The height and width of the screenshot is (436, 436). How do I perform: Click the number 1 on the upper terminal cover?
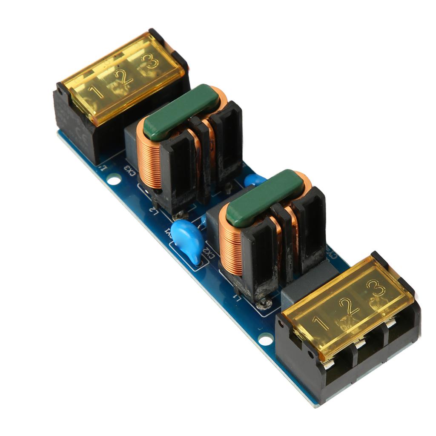96,91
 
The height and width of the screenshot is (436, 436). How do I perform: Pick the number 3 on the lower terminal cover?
376,290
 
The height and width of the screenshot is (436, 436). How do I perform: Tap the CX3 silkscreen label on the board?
129,170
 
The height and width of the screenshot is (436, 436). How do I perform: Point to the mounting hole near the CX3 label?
114,180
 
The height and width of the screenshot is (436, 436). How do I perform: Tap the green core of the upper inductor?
181,112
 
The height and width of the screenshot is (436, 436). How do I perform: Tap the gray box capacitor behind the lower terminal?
302,281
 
